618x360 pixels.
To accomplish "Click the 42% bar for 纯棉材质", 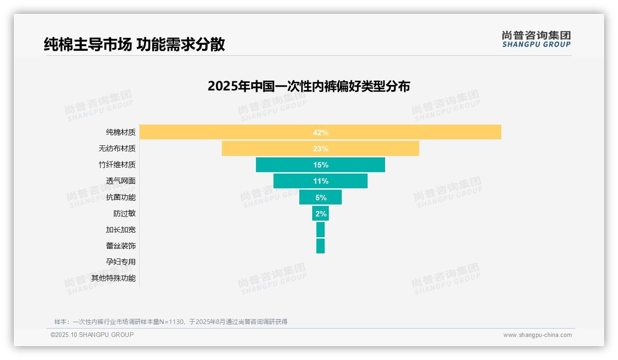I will point(320,132).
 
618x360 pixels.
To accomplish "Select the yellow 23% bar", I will point(320,149).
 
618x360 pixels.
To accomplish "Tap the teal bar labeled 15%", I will point(320,165).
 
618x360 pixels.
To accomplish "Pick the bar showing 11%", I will point(320,181).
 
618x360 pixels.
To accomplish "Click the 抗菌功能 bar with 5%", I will point(320,197).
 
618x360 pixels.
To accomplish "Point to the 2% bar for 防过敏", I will point(320,214).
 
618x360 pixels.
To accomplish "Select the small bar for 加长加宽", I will point(320,230).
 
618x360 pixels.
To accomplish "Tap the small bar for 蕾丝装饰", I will point(320,246).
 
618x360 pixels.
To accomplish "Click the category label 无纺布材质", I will point(117,149).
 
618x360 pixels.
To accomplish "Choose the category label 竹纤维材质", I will point(117,165).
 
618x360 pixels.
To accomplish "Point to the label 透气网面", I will point(121,181).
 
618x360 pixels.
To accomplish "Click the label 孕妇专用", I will point(121,262).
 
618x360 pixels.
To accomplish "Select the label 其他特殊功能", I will point(113,278).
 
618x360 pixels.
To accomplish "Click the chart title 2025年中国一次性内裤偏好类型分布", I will point(309,86).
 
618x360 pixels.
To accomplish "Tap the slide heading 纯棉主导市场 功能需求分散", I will point(134,44).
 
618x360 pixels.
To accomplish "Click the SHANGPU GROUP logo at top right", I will point(536,39).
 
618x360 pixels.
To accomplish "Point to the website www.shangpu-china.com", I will point(537,335).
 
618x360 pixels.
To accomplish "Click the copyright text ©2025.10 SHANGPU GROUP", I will point(92,335).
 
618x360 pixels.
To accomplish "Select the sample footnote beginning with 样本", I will point(171,322).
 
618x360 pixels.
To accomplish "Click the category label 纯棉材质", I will point(121,132).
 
